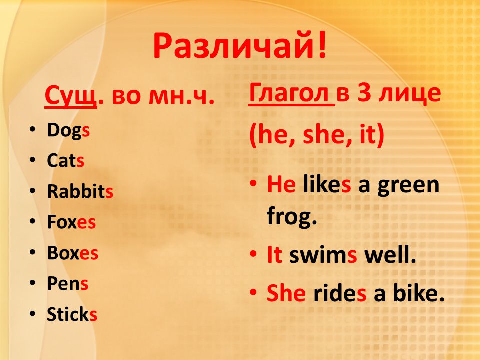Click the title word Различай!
pos(240,47)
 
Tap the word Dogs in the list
pos(68,131)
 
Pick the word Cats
pos(65,160)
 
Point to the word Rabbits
pos(80,191)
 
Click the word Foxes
pos(71,222)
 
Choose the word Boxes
pos(73,253)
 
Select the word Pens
pos(67,284)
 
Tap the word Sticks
pos(72,314)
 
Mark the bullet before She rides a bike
pos(253,292)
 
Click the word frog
pos(292,216)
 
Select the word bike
pos(419,292)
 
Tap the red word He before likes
pos(281,185)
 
